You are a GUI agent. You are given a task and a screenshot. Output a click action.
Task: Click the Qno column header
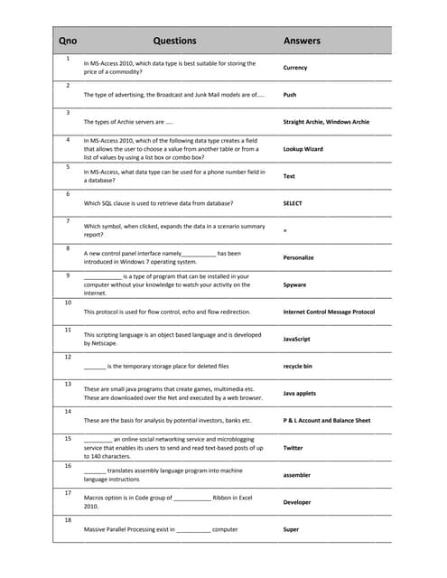tap(68, 41)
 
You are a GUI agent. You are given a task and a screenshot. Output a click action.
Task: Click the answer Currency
tap(295, 68)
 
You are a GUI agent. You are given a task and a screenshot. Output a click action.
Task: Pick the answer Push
tap(290, 95)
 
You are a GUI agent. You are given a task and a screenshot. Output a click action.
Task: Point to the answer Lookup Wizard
tap(303, 149)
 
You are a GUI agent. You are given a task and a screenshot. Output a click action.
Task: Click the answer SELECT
tap(293, 203)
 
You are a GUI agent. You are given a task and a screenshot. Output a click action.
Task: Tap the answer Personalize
tap(299, 257)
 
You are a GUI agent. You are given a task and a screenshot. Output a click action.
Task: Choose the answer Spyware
tap(295, 284)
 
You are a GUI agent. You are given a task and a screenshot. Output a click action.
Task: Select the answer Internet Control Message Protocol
tap(329, 312)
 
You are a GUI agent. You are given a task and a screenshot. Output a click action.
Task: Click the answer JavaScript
tap(296, 339)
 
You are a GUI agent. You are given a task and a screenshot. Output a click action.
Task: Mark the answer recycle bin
tap(297, 366)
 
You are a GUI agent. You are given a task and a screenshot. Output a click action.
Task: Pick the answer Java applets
tap(300, 394)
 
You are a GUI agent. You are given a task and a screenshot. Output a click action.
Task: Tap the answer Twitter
tap(293, 448)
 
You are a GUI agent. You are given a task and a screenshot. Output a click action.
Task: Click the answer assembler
tap(297, 475)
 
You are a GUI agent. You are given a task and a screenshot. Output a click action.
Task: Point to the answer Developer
tap(297, 502)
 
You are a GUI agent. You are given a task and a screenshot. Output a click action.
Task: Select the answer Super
tap(291, 529)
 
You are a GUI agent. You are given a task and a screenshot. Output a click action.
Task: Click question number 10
tap(69, 303)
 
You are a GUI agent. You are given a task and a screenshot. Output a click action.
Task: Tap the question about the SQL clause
tap(158, 203)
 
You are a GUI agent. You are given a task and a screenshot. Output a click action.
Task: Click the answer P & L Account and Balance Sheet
tap(327, 421)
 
